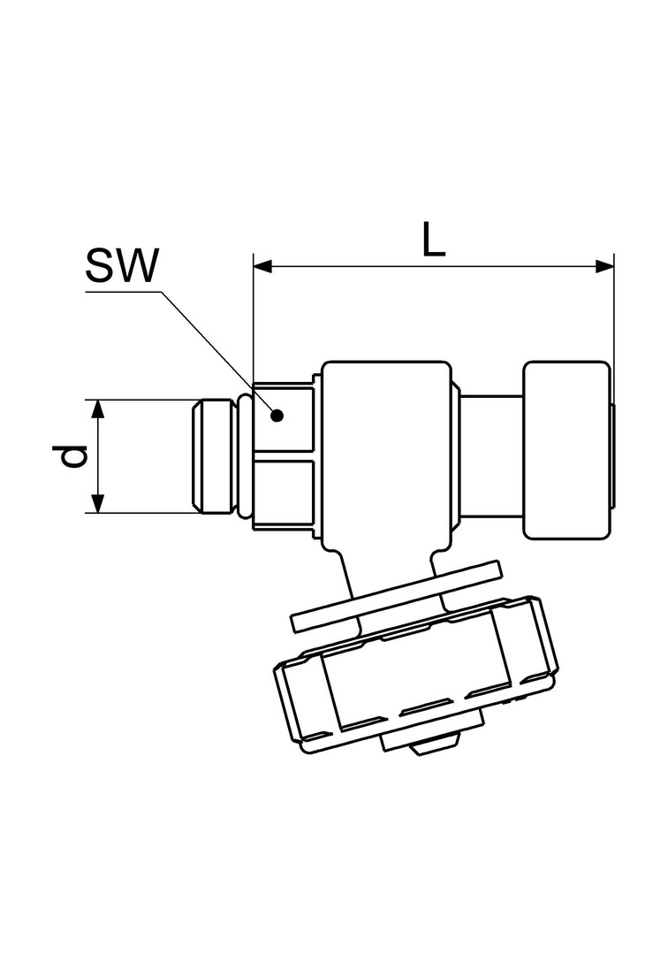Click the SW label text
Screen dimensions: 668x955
122,265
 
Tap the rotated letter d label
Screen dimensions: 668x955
75,456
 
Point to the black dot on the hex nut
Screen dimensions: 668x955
277,416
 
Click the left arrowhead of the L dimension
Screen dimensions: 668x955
262,266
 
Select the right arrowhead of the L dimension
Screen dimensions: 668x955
604,266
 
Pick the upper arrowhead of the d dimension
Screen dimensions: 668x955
98,409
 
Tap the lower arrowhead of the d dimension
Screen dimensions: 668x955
98,503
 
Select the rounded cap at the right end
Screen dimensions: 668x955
566,451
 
